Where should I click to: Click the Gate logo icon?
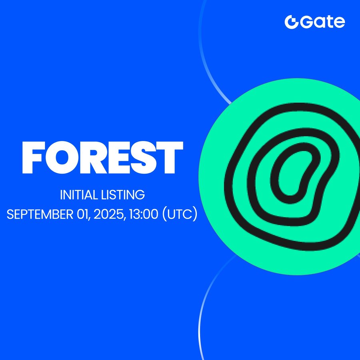pyautogui.click(x=291, y=22)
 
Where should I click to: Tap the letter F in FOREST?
pyautogui.click(x=32, y=157)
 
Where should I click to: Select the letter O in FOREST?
pyautogui.click(x=62, y=158)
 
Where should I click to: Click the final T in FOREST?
pyautogui.click(x=170, y=157)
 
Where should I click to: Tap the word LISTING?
pyautogui.click(x=123, y=195)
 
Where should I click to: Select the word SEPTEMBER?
pyautogui.click(x=40, y=214)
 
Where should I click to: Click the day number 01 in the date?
pyautogui.click(x=83, y=214)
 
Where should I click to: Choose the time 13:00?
pyautogui.click(x=144, y=214)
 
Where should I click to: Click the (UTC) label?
pyautogui.click(x=180, y=214)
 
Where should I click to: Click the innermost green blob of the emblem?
pyautogui.click(x=294, y=174)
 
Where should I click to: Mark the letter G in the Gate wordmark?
pyautogui.click(x=306, y=22)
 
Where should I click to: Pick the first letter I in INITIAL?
pyautogui.click(x=61, y=195)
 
